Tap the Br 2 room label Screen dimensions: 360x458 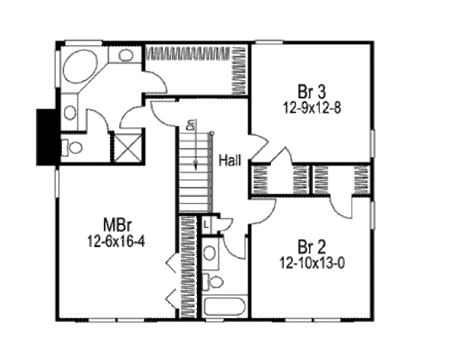pyautogui.click(x=311, y=247)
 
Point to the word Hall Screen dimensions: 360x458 pyautogui.click(x=230, y=161)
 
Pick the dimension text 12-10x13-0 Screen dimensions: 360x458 pyautogui.click(x=311, y=261)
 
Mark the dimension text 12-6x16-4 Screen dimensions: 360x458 pyautogui.click(x=117, y=239)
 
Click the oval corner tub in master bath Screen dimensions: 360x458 pyautogui.click(x=79, y=67)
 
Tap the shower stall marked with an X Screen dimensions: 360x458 pyautogui.click(x=126, y=146)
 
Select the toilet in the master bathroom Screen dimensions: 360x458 pyautogui.click(x=72, y=147)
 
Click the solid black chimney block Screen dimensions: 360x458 pyautogui.click(x=48, y=136)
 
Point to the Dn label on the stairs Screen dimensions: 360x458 pyautogui.click(x=192, y=125)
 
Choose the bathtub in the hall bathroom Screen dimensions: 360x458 pyautogui.click(x=224, y=307)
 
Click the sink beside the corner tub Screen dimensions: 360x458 pyautogui.click(x=127, y=55)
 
